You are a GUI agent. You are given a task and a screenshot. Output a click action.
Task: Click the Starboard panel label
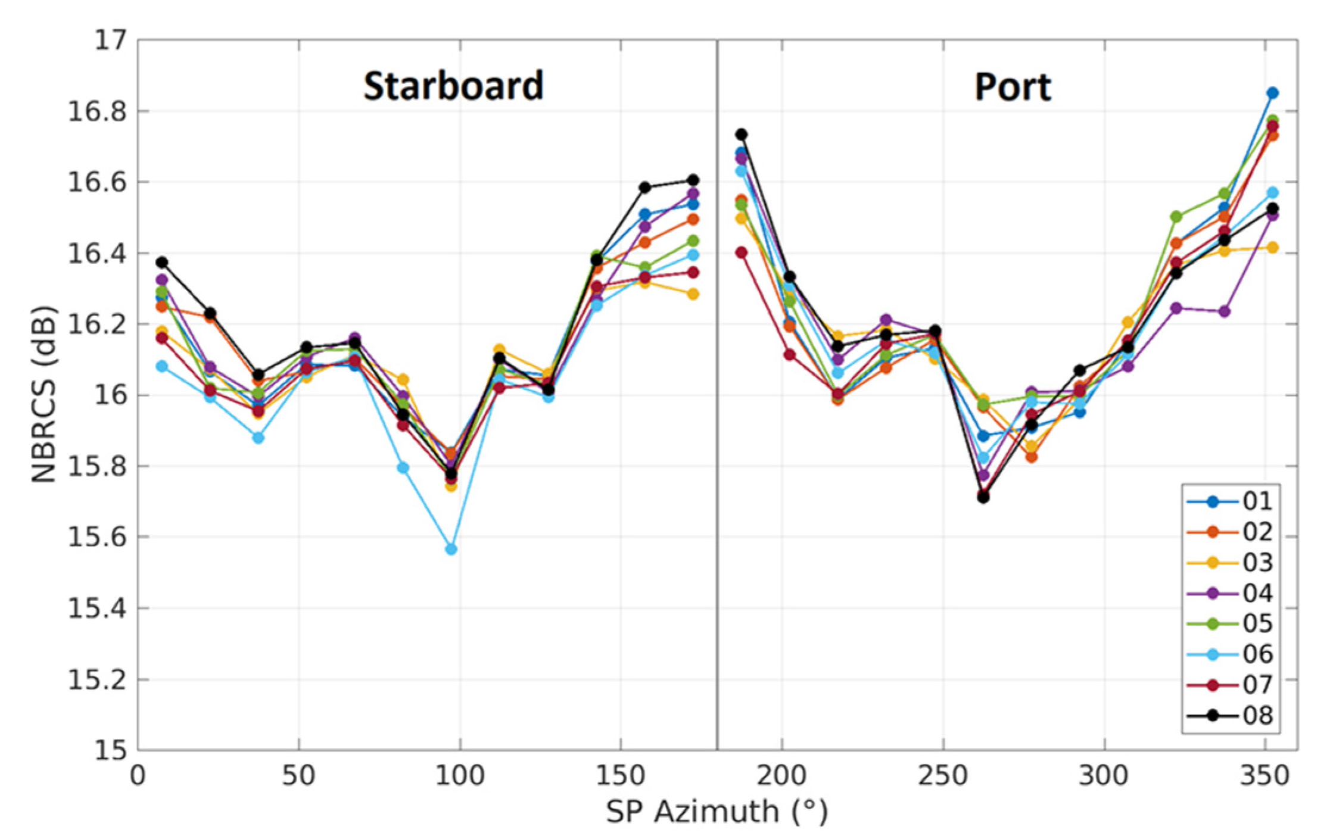[453, 86]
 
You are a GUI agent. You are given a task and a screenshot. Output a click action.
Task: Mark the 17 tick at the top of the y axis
[110, 40]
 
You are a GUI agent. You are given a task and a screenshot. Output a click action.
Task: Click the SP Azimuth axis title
[717, 812]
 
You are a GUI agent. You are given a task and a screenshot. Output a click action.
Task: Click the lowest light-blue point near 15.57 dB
[451, 549]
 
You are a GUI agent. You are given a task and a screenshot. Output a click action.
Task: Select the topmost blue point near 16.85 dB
[1272, 93]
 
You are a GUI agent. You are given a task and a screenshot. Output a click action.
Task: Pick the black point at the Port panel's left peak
[741, 135]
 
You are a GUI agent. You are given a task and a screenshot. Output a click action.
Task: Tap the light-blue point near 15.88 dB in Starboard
[258, 438]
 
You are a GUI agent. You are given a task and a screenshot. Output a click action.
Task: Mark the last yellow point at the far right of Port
[1272, 248]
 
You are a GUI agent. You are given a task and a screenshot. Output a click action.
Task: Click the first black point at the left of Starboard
[161, 263]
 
